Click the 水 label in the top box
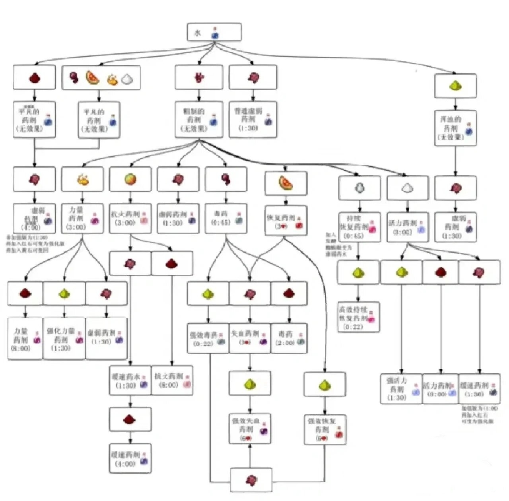(198, 33)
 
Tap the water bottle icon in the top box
(215, 33)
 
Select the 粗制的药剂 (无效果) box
(199, 120)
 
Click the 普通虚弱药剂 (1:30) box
(253, 120)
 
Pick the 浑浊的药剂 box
(455, 128)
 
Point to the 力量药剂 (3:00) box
(82, 218)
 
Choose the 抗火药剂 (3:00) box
(130, 218)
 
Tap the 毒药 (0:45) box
(226, 218)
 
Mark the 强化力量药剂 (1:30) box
(64, 339)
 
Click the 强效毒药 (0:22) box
(208, 338)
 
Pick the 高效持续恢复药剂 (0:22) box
(358, 317)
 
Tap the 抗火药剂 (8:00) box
(172, 381)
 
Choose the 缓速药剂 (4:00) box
(130, 458)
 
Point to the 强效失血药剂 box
(250, 429)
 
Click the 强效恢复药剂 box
(325, 430)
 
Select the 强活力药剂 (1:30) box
(401, 388)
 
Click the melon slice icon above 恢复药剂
(286, 183)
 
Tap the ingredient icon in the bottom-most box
(251, 480)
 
